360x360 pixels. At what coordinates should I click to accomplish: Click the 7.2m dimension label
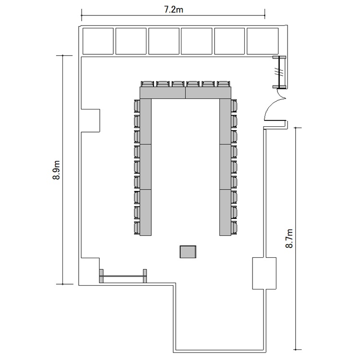[x=174, y=10]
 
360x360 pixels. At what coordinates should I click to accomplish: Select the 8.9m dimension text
[x=57, y=170]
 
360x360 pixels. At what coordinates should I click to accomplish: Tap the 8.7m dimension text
[x=289, y=238]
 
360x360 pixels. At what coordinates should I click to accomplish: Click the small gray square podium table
[x=188, y=252]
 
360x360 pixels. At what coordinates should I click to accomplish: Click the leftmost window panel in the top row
[x=98, y=41]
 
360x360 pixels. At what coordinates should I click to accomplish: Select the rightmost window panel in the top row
[x=263, y=41]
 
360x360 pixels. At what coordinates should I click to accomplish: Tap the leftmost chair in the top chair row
[x=147, y=84]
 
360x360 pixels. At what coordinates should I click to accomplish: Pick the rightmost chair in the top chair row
[x=223, y=84]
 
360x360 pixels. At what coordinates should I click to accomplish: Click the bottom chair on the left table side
[x=137, y=228]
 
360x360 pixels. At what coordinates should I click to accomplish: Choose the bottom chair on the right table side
[x=234, y=228]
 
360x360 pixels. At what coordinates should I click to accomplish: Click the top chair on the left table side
[x=137, y=106]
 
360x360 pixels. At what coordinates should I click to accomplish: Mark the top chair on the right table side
[x=234, y=106]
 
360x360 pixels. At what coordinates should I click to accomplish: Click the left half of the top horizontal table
[x=163, y=93]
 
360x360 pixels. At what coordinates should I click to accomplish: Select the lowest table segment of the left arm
[x=146, y=213]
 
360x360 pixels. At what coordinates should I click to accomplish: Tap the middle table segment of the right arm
[x=225, y=167]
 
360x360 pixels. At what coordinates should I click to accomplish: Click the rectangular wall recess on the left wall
[x=90, y=120]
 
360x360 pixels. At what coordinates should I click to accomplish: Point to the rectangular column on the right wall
[x=264, y=273]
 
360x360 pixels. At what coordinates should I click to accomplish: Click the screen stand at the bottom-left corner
[x=123, y=276]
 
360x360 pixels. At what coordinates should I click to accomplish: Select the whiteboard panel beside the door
[x=279, y=72]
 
